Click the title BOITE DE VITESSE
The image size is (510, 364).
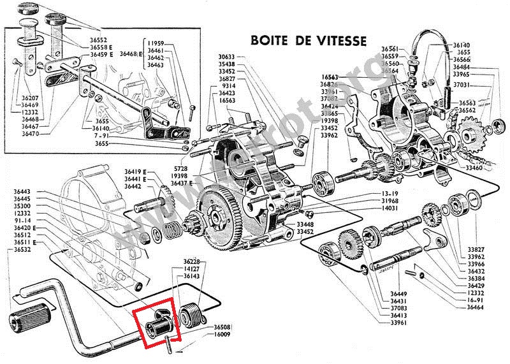click(309, 41)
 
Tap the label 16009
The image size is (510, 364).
click(223, 333)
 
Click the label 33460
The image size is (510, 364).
click(474, 168)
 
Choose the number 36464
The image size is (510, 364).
click(476, 308)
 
